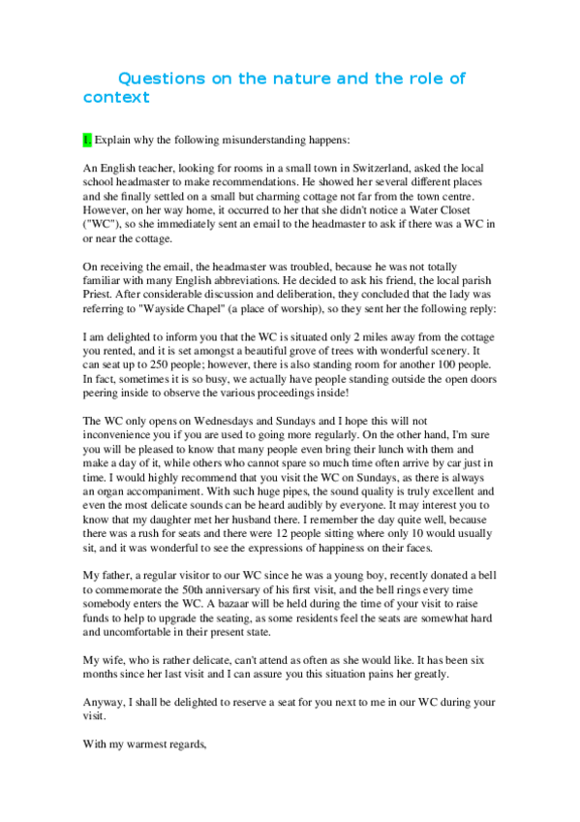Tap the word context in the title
point(116,97)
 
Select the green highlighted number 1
point(87,141)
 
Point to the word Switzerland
point(356,168)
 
